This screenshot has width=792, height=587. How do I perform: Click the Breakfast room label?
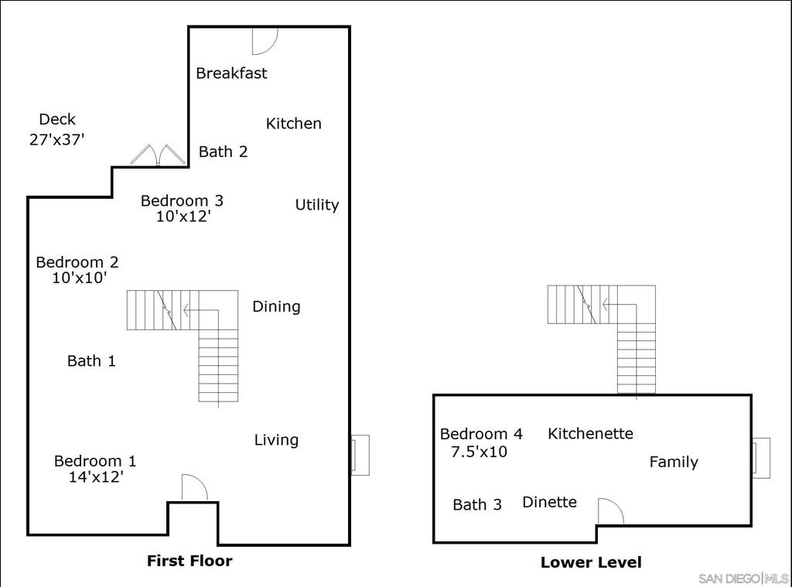[231, 73]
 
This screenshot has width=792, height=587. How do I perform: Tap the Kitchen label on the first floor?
[293, 123]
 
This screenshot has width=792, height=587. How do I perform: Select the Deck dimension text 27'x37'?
[56, 139]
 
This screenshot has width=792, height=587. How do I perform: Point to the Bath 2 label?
[223, 152]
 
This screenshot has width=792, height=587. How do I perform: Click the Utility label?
[316, 205]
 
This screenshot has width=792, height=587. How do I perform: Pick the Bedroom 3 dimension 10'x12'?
[183, 217]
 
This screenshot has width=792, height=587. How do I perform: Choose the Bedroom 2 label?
[77, 262]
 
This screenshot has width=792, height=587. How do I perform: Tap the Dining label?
[276, 306]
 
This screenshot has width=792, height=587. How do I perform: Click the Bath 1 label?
[91, 360]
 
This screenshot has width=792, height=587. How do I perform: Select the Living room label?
[276, 440]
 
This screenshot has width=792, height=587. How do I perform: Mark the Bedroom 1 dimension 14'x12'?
[96, 477]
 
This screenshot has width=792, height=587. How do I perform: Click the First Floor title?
[189, 561]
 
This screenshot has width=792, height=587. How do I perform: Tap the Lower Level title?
[591, 562]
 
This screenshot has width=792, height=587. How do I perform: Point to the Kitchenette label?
[590, 434]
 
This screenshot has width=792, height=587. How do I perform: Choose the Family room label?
[673, 462]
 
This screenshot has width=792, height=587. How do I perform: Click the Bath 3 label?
[476, 505]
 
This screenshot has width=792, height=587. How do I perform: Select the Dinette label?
[549, 502]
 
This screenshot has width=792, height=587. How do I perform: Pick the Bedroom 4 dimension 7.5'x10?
[479, 452]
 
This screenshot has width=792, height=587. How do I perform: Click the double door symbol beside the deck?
[159, 155]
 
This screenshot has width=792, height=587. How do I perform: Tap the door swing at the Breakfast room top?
[264, 41]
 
